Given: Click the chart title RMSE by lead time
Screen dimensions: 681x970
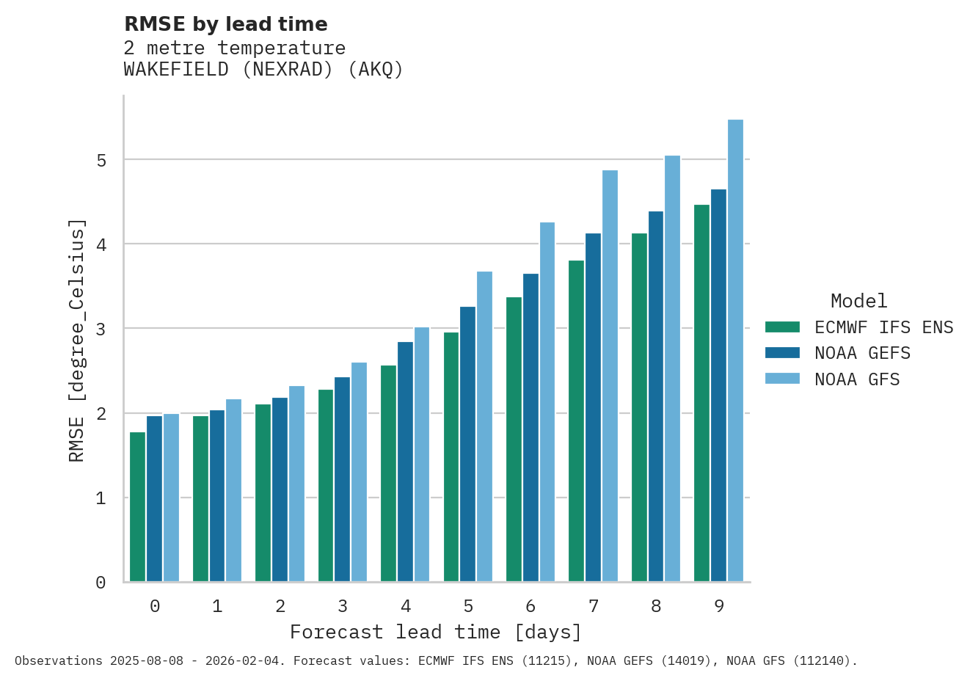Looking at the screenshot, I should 225,24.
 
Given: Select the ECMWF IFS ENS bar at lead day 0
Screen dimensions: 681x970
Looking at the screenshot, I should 137,507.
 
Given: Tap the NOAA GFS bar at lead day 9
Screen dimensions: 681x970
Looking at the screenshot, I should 735,351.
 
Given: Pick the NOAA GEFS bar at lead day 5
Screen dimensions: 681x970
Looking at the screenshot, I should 467,444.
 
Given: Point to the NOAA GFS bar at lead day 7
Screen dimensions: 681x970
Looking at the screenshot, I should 610,376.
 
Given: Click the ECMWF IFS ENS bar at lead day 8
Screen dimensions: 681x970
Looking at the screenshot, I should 639,407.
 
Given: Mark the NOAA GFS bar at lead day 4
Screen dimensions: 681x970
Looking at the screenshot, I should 422,454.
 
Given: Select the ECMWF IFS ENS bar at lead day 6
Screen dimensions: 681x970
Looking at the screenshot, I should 514,439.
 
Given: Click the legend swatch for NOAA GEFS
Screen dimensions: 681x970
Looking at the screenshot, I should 782,353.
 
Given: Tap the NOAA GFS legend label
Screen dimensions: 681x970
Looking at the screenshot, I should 857,379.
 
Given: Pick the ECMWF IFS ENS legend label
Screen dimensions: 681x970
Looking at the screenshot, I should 883,327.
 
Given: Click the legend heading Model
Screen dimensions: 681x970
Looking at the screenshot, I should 858,301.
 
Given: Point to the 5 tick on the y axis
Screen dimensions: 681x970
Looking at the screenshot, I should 101,160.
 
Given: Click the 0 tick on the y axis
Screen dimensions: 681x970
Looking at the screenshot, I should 101,583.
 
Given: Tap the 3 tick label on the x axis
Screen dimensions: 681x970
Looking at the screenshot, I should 343,606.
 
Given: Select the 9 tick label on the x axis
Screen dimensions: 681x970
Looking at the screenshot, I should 719,606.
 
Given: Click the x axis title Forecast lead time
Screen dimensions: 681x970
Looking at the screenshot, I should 436,632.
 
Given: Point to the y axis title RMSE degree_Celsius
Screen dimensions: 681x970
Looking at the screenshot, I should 76,340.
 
